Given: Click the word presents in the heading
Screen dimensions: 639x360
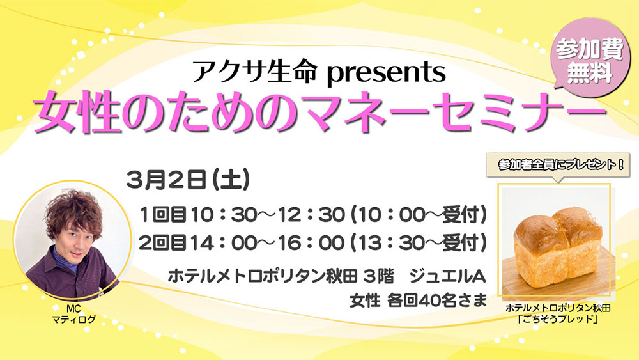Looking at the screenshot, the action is point(385,74).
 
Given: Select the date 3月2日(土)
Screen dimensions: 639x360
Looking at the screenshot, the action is point(188,180).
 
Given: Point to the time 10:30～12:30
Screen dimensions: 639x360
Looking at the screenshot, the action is point(268,215).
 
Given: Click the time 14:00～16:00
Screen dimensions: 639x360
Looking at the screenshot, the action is point(268,243).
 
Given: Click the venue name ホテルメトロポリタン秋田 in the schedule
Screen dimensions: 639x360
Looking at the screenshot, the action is point(263,277).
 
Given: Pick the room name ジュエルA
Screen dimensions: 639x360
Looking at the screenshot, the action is point(447,277).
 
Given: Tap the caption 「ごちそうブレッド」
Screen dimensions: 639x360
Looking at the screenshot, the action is point(557,319).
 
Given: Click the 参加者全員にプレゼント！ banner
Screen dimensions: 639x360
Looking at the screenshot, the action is point(558,165).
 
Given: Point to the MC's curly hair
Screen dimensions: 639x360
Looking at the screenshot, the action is point(73,213).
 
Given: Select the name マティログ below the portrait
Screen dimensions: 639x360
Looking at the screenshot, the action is point(73,319).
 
